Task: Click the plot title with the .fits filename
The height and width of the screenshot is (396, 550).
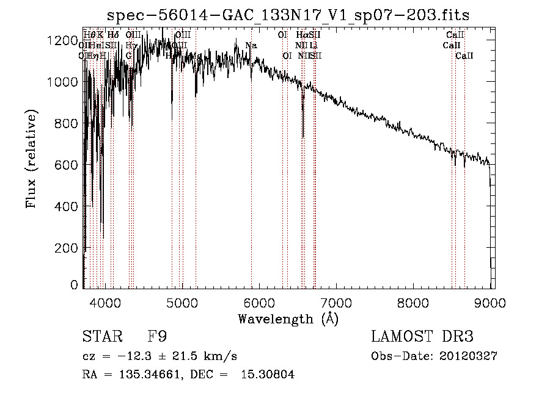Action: [x=288, y=15]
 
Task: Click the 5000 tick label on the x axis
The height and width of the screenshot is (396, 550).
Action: [x=182, y=301]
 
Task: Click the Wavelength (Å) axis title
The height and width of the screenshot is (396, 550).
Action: [x=288, y=319]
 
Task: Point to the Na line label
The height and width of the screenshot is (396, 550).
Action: [x=251, y=45]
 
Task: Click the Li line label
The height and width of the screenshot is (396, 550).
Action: [x=313, y=45]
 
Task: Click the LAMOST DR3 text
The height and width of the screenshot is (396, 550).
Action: [x=422, y=337]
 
